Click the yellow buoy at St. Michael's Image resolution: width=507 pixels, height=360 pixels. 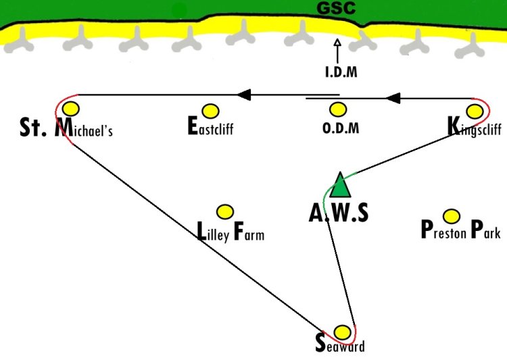click(71, 109)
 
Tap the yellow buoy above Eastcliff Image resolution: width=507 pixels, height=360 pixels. click(210, 111)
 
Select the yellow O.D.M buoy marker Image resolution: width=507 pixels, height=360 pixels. click(338, 110)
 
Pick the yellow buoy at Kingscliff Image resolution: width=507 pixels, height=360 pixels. click(475, 111)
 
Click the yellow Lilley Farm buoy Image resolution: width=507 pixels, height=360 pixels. click(225, 212)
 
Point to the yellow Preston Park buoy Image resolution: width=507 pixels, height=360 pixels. click(452, 216)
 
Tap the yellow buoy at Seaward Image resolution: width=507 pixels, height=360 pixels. click(342, 332)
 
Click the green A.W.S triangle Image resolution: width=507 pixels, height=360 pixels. click(340, 185)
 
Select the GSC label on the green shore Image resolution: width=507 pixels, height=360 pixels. click(336, 8)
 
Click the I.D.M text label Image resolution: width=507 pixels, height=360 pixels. click(341, 72)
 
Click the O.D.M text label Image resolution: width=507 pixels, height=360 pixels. click(341, 128)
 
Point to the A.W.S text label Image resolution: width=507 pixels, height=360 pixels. click(339, 213)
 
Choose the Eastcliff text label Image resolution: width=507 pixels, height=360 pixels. click(210, 126)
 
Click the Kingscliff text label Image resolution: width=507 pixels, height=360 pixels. click(475, 127)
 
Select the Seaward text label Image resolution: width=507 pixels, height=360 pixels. click(340, 344)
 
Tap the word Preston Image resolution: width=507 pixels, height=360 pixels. click(443, 230)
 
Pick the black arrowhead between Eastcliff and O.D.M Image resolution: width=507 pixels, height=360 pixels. click(244, 95)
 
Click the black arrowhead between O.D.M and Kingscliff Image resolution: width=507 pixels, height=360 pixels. click(393, 98)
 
